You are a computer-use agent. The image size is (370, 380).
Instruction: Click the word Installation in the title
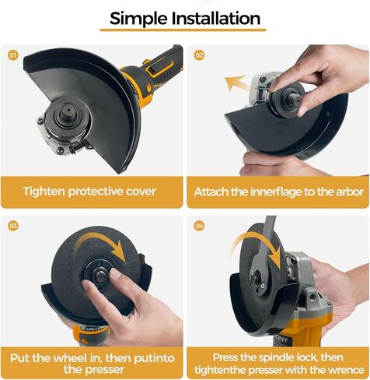(216, 18)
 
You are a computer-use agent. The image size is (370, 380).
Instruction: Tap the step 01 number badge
(13, 55)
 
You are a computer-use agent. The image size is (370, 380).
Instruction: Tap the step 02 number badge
(199, 55)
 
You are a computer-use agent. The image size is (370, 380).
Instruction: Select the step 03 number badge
(13, 226)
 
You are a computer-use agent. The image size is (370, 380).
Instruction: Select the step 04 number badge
(199, 226)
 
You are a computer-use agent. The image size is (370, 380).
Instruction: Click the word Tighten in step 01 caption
(44, 192)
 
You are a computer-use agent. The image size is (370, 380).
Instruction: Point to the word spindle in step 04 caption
(277, 357)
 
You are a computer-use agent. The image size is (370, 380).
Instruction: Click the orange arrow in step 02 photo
(236, 83)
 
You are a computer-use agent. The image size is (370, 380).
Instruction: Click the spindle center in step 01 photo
(68, 110)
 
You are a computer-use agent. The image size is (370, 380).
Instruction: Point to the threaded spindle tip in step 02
(296, 100)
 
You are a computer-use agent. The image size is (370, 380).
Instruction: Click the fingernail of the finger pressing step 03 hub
(115, 273)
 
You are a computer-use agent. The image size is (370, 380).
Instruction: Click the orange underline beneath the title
(183, 30)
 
